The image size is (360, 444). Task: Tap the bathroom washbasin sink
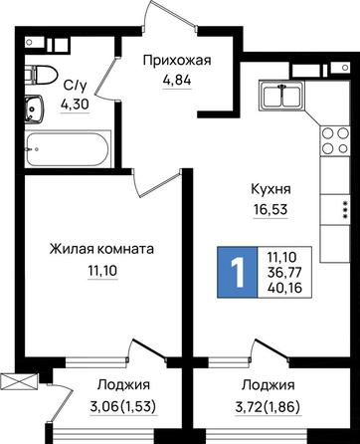click(x=34, y=109)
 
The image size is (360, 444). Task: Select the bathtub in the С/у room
click(x=68, y=149)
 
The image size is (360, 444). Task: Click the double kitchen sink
click(x=282, y=95)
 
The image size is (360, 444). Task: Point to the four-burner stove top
click(x=335, y=139)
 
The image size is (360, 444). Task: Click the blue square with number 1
click(x=238, y=272)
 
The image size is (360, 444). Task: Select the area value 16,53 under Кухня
click(x=270, y=210)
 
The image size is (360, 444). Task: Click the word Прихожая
click(x=177, y=62)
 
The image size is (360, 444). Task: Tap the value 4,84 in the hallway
click(x=177, y=81)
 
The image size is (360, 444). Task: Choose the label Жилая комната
click(x=101, y=249)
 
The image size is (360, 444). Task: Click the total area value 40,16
click(x=284, y=288)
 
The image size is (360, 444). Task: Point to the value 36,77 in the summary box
click(x=284, y=273)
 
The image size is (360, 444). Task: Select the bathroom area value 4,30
click(x=75, y=105)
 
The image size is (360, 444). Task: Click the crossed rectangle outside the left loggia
click(x=20, y=379)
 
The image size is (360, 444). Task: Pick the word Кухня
click(x=270, y=189)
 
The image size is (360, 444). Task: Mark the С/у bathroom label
click(x=75, y=86)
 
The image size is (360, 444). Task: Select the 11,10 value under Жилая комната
click(x=102, y=271)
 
